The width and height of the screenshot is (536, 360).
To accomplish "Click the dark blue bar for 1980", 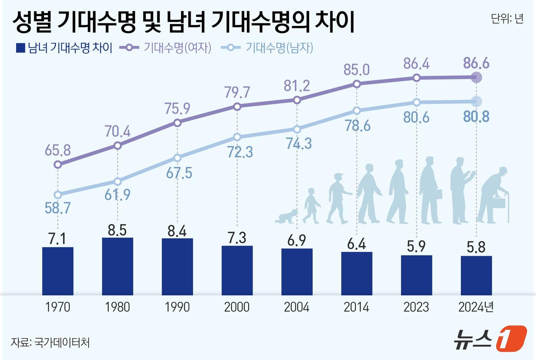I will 118,266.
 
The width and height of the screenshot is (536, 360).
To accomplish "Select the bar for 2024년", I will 476,275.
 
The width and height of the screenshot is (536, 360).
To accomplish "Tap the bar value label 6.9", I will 297,240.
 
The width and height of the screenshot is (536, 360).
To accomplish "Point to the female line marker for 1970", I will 58,165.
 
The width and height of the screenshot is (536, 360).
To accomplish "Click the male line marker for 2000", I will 237,137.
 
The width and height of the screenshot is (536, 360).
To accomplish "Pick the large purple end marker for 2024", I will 476,78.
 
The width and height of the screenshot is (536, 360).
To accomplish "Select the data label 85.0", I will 356,70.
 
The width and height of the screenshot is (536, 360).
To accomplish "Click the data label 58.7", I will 58,208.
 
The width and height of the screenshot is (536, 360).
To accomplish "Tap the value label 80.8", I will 476,117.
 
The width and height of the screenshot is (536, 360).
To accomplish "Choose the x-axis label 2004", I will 297,307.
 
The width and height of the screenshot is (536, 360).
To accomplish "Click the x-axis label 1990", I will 177,307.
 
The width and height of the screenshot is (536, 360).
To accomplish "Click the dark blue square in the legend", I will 20,48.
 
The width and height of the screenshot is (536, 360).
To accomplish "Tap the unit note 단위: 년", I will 507,19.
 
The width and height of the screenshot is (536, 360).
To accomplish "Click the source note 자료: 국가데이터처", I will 50,342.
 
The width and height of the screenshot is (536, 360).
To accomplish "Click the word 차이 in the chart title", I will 335,22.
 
